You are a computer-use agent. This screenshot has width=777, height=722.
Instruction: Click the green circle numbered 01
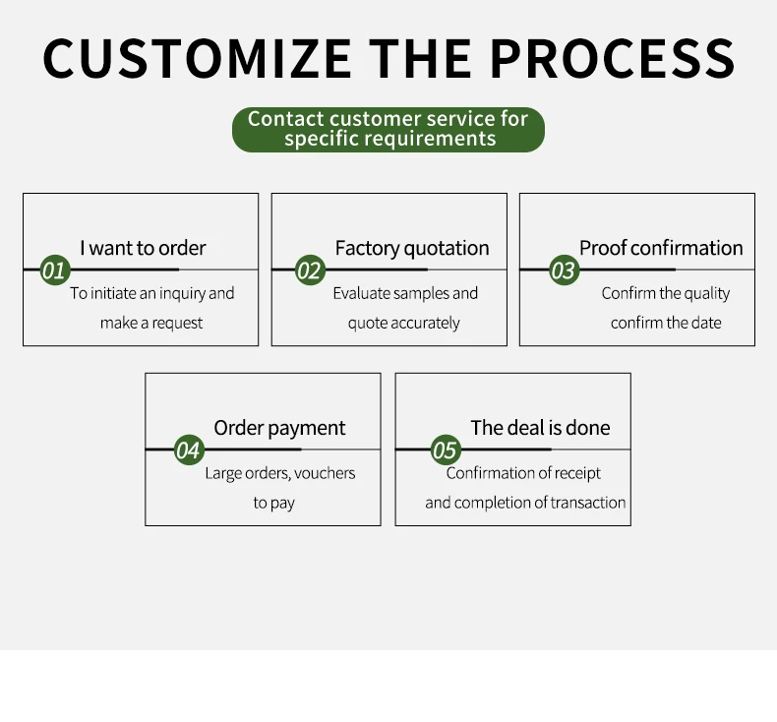[53, 270]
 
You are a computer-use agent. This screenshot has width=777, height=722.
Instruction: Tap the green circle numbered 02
[309, 270]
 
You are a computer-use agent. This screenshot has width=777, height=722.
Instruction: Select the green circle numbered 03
[563, 270]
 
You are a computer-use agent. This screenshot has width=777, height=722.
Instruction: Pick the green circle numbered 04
[188, 451]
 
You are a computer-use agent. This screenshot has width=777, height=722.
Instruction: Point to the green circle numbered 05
[445, 451]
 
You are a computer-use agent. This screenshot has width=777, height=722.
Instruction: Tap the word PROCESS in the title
[611, 58]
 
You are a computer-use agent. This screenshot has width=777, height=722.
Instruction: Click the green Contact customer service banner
[388, 129]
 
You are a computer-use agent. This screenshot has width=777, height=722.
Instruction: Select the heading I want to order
[143, 248]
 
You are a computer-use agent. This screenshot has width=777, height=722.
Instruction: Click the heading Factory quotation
[411, 248]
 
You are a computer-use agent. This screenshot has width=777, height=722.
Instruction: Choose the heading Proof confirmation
[660, 248]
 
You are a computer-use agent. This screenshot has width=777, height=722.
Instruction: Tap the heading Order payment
[279, 428]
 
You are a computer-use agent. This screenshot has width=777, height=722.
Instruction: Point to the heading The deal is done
[540, 428]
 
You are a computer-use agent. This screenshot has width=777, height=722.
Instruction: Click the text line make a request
[151, 323]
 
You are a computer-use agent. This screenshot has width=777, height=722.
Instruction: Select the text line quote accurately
[403, 323]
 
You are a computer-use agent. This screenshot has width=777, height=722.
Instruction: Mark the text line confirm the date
[666, 323]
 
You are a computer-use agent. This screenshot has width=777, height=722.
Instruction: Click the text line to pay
[273, 503]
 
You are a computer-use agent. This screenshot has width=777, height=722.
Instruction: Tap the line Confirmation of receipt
[523, 473]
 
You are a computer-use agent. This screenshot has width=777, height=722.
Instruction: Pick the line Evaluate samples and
[405, 293]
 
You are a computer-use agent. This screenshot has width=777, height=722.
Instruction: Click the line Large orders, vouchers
[279, 473]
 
